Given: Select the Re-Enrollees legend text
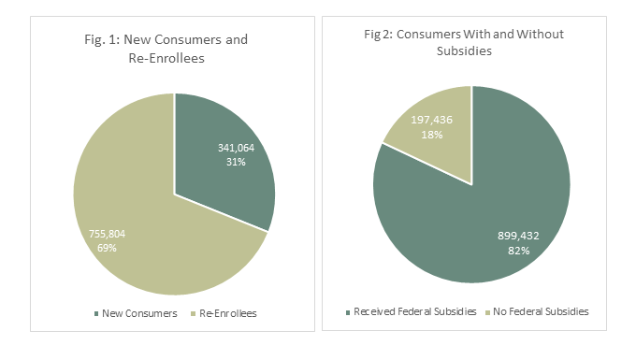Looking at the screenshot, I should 228,313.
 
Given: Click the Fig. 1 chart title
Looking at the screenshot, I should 174,49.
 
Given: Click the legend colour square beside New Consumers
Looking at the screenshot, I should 96,313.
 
